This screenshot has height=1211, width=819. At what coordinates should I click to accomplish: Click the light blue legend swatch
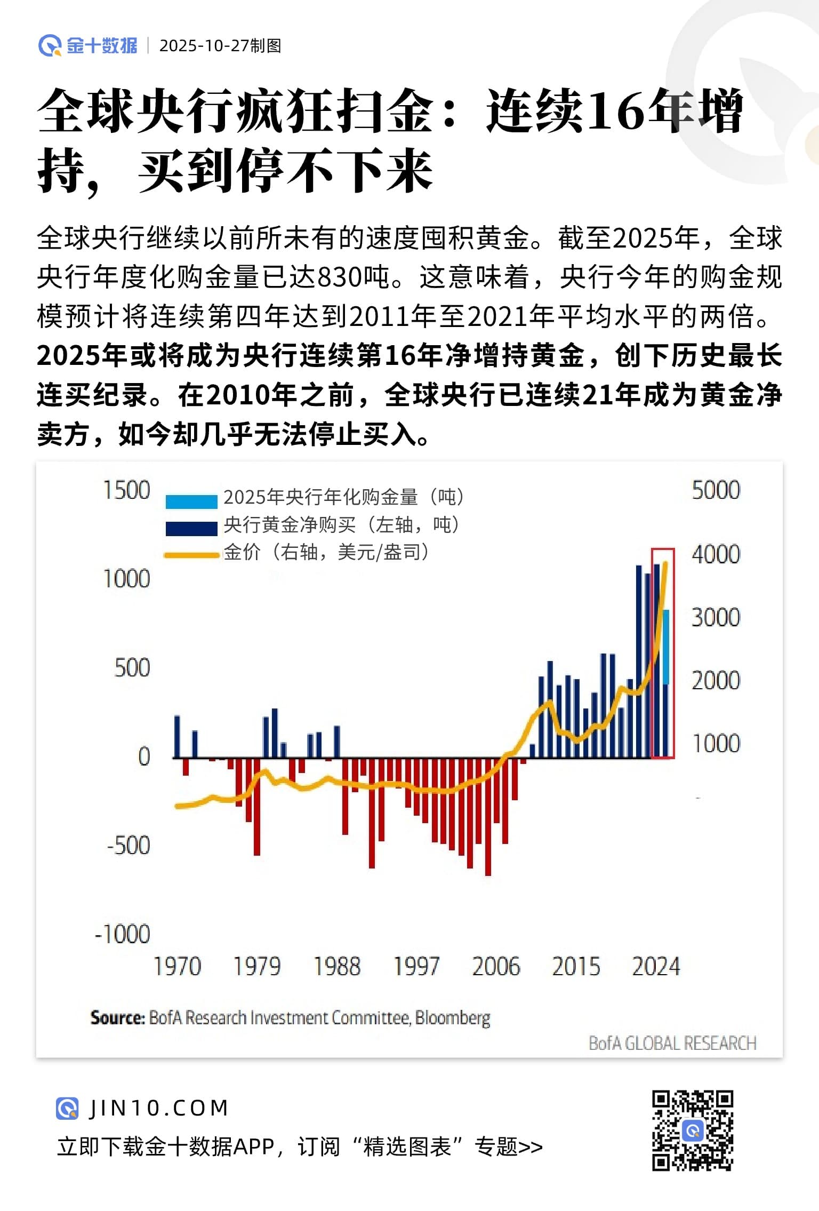[x=191, y=501]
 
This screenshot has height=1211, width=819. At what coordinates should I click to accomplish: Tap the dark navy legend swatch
[x=191, y=528]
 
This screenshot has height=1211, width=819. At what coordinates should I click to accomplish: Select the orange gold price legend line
[x=191, y=555]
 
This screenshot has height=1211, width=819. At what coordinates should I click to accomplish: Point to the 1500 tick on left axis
[x=127, y=490]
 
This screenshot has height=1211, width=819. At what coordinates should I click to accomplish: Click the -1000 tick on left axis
[x=123, y=934]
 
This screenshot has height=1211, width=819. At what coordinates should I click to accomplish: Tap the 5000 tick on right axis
[x=716, y=490]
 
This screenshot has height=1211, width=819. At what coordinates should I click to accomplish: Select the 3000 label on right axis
[x=716, y=617]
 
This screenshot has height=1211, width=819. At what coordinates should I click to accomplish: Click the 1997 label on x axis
[x=416, y=967]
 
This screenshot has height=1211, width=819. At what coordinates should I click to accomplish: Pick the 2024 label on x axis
[x=656, y=967]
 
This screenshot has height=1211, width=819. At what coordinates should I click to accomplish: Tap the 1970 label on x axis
[x=177, y=967]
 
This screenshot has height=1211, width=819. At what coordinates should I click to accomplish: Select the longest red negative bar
[x=488, y=816]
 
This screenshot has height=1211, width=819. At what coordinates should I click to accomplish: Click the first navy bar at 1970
[x=177, y=736]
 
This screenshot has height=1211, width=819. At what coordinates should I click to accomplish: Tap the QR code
[x=693, y=1130]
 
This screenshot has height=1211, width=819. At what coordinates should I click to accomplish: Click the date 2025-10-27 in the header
[x=204, y=46]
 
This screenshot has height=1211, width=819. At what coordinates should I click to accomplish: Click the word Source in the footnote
[x=117, y=1018]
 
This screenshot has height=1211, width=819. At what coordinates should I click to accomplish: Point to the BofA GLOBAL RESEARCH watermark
[x=672, y=1043]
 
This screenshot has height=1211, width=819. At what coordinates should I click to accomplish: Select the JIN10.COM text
[x=159, y=1109]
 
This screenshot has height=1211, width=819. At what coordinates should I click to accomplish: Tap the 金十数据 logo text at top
[x=102, y=46]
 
